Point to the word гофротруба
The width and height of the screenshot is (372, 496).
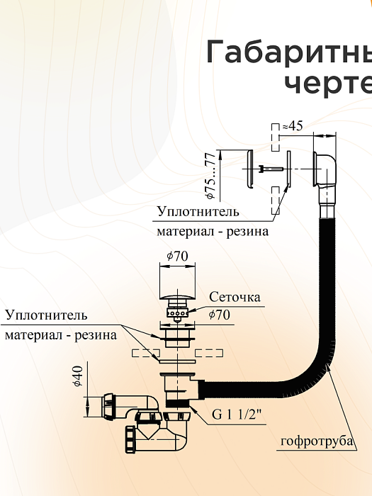(x=317, y=442)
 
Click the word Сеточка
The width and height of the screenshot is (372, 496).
(x=235, y=296)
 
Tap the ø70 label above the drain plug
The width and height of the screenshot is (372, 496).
(x=176, y=257)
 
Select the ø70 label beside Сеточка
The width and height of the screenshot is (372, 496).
(x=219, y=315)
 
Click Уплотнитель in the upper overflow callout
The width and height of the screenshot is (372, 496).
(x=198, y=211)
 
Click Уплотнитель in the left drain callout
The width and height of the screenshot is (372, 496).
(x=46, y=315)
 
